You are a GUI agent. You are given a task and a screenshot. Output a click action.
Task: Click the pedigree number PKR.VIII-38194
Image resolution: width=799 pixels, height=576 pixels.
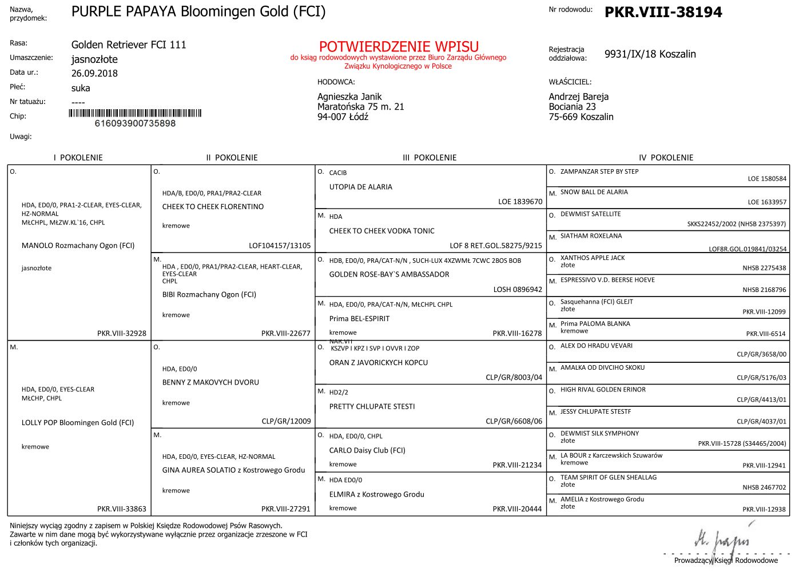(663, 12)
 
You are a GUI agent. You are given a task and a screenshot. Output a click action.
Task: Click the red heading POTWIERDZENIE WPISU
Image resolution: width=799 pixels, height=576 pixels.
(399, 46)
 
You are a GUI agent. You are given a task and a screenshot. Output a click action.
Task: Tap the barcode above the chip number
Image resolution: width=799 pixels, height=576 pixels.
(135, 113)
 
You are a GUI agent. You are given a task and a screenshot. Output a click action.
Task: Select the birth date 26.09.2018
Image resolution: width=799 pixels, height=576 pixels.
(94, 73)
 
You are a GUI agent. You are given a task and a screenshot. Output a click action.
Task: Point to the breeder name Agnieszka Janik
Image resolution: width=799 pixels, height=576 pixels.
(349, 97)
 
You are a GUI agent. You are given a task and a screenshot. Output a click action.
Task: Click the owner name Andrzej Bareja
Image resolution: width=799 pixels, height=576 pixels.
(578, 97)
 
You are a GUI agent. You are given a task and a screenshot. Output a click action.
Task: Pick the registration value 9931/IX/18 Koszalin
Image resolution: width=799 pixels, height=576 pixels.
(650, 54)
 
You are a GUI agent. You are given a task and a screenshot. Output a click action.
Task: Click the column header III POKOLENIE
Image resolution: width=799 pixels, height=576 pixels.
(430, 158)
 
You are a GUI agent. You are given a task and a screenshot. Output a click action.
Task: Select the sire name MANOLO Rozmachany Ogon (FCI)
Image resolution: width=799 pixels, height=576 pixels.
(78, 246)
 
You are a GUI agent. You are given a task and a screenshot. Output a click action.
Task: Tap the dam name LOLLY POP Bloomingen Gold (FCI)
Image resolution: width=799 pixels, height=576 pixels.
(78, 423)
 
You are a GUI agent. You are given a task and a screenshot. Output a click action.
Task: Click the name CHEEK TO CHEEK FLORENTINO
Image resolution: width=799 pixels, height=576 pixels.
(213, 207)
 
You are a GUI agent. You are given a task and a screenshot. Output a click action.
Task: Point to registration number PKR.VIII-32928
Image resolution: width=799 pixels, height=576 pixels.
(122, 333)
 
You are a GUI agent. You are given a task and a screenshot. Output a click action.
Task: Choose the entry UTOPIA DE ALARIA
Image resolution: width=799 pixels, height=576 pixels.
(360, 187)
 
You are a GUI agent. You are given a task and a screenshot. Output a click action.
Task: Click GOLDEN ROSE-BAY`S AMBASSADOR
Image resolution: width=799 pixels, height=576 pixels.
(389, 274)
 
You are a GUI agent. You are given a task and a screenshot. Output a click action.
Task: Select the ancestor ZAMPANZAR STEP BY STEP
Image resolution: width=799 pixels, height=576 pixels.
(599, 171)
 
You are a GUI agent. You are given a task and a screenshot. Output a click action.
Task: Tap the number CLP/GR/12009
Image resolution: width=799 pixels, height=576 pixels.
(286, 421)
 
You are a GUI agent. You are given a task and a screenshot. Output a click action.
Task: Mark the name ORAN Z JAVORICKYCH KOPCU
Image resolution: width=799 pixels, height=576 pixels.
(378, 362)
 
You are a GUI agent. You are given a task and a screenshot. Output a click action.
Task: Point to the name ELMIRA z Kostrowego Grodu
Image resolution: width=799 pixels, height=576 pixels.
(376, 494)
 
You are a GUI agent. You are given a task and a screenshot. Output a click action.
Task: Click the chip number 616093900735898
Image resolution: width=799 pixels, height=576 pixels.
(135, 123)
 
